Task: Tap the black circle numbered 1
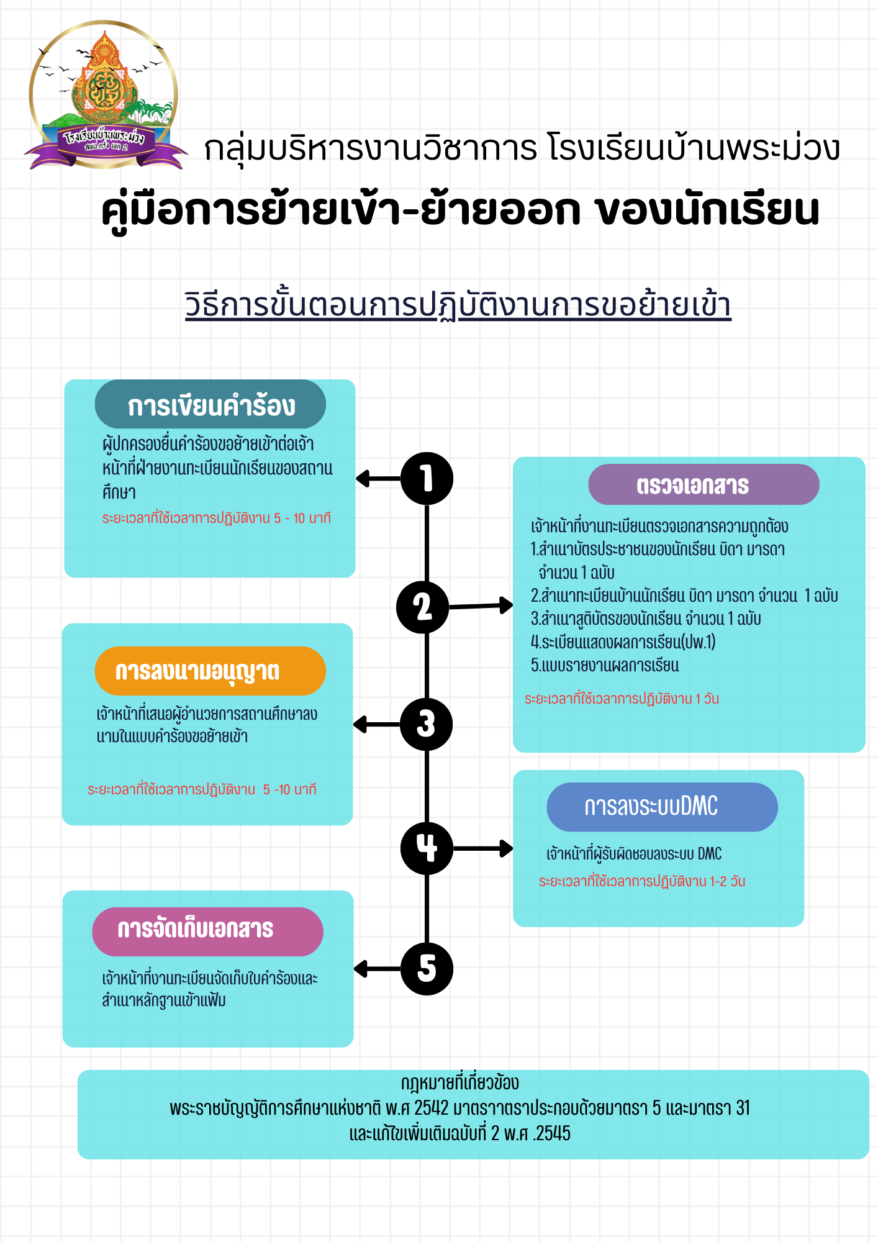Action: pos(427,479)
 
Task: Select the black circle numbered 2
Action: pos(423,607)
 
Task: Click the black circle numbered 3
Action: pos(426,724)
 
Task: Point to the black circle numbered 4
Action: pos(427,848)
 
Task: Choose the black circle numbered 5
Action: pos(427,969)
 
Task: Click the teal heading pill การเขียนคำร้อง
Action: pos(210,405)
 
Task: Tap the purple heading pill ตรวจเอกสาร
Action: pos(704,484)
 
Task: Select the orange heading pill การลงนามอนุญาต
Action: pos(210,671)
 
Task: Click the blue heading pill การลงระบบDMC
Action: pos(662,807)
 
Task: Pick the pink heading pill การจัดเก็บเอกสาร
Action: pos(207,931)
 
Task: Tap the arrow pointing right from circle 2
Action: pos(481,605)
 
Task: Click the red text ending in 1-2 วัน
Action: pos(641,881)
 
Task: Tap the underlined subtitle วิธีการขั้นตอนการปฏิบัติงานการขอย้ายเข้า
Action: pos(458,305)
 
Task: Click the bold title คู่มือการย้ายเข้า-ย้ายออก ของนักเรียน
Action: pos(460,210)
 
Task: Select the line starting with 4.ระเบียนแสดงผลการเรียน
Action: pos(623,642)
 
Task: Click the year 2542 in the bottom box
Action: pos(431,1108)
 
